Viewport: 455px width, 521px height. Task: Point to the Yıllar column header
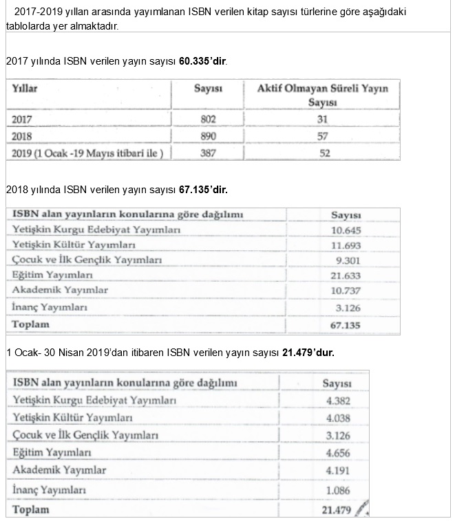25,88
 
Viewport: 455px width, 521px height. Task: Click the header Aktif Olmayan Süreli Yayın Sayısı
322,95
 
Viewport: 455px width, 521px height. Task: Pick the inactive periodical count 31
322,119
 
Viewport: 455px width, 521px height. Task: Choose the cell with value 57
322,136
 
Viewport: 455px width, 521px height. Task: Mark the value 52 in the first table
322,153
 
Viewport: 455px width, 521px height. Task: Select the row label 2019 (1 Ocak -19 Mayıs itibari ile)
87,153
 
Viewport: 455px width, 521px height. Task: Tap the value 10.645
346,230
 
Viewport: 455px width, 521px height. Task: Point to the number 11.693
346,245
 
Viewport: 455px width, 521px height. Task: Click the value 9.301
346,260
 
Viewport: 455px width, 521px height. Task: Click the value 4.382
336,400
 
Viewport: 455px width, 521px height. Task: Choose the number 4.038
336,417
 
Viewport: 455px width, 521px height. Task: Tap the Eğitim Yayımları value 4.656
336,453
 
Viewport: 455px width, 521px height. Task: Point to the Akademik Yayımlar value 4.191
336,471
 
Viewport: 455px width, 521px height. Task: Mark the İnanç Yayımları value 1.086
336,490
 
